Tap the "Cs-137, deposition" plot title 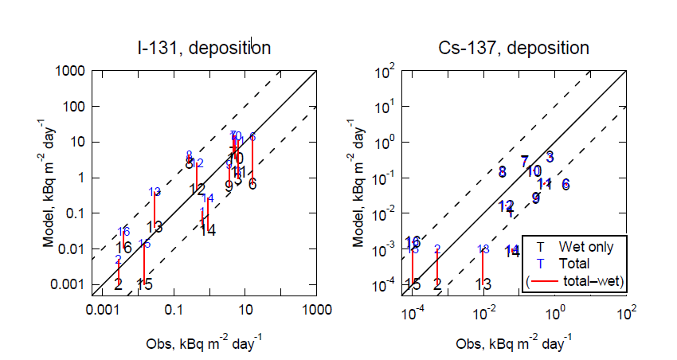pyautogui.click(x=514, y=48)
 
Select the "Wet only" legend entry pyautogui.click(x=586, y=247)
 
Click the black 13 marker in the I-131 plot pyautogui.click(x=155, y=227)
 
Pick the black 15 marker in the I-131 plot pyautogui.click(x=144, y=284)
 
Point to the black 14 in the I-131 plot pyautogui.click(x=208, y=230)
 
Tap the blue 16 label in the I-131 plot pyautogui.click(x=123, y=232)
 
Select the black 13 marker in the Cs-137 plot pyautogui.click(x=483, y=284)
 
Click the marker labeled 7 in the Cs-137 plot pyautogui.click(x=524, y=162)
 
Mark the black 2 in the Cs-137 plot pyautogui.click(x=437, y=284)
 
